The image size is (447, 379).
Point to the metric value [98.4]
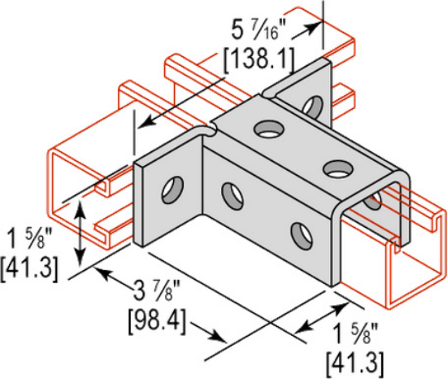(x=155, y=315)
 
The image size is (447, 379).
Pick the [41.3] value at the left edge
(x=28, y=268)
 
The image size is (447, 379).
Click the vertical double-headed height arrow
(x=80, y=231)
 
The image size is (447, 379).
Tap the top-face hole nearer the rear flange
(x=266, y=128)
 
